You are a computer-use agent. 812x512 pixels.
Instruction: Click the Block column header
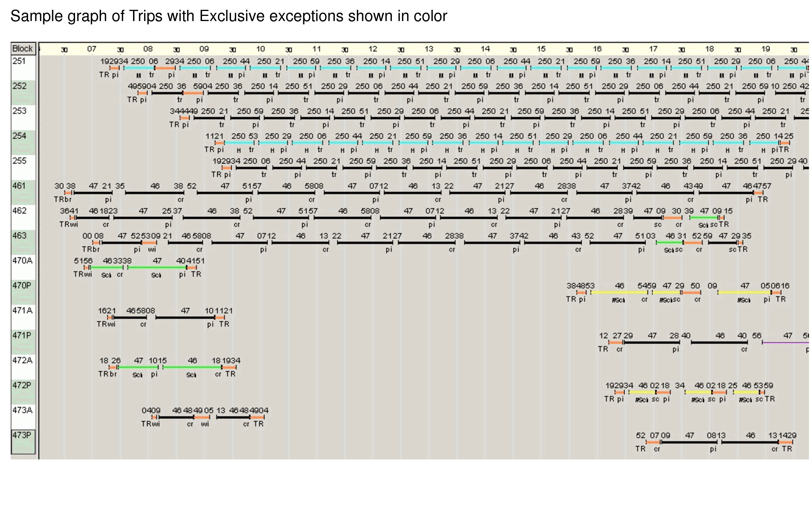(x=23, y=49)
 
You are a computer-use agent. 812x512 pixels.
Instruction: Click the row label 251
(x=19, y=61)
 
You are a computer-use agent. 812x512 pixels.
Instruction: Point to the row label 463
(x=19, y=236)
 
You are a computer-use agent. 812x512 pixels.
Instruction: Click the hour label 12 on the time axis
(x=373, y=49)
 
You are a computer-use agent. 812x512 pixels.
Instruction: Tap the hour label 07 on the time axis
(x=92, y=49)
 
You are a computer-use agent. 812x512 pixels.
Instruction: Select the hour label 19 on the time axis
(x=766, y=49)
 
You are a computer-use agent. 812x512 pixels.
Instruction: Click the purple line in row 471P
(x=786, y=343)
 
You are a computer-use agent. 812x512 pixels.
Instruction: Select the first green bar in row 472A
(x=138, y=367)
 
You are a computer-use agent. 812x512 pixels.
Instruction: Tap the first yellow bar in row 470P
(x=619, y=292)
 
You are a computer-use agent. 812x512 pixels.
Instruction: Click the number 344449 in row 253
(x=184, y=111)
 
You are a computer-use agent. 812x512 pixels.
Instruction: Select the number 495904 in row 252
(x=142, y=86)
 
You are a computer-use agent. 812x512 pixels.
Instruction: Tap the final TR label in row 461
(x=763, y=200)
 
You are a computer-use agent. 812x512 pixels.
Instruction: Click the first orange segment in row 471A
(x=110, y=317)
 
